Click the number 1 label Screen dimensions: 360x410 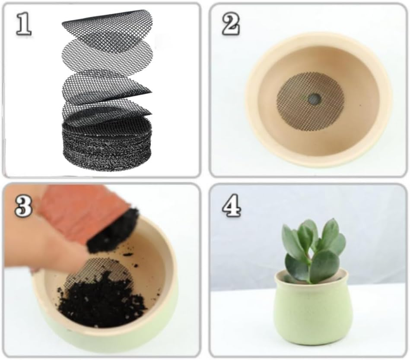coord(24,25)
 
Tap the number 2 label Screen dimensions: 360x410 coord(231,25)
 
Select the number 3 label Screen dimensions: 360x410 coord(24,206)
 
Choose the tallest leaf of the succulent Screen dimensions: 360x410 coord(331,231)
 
